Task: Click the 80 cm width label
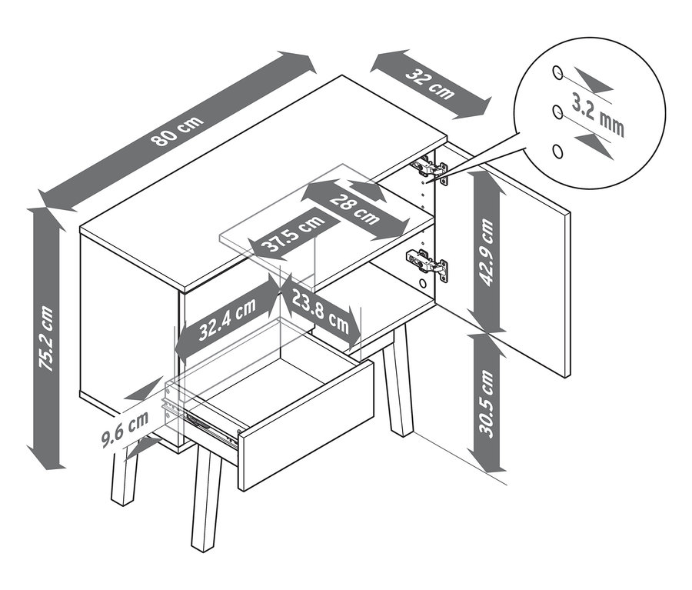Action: (x=178, y=132)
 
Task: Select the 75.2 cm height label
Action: (x=46, y=338)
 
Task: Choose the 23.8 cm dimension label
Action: (x=321, y=313)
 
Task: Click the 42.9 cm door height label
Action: (x=487, y=252)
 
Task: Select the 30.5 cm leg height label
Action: (x=487, y=403)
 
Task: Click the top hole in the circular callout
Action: (x=557, y=72)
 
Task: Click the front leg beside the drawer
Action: (x=205, y=498)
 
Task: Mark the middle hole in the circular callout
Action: (x=557, y=112)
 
